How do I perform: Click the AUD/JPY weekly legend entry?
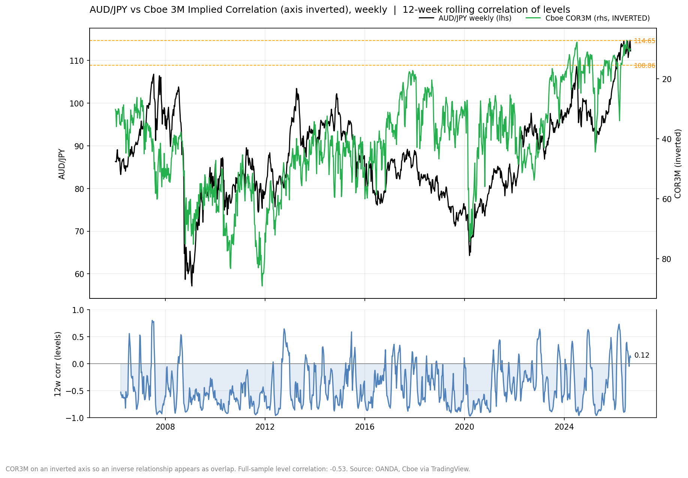pos(465,18)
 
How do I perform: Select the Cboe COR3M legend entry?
pos(588,18)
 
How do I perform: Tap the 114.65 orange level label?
pos(645,41)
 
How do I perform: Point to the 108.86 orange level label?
pos(645,66)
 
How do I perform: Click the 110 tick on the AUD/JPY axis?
pos(77,61)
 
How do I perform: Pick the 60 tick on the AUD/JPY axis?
pos(79,274)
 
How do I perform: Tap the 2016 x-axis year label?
pos(365,427)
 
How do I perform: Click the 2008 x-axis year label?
pos(165,427)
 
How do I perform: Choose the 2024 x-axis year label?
pos(564,427)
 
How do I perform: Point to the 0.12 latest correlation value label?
pos(642,355)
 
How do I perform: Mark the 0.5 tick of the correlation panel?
pos(78,337)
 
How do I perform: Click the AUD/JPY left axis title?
pos(62,164)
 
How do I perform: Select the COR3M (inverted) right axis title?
pos(678,163)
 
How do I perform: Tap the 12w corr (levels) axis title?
pos(57,364)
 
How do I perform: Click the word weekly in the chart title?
pos(372,10)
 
